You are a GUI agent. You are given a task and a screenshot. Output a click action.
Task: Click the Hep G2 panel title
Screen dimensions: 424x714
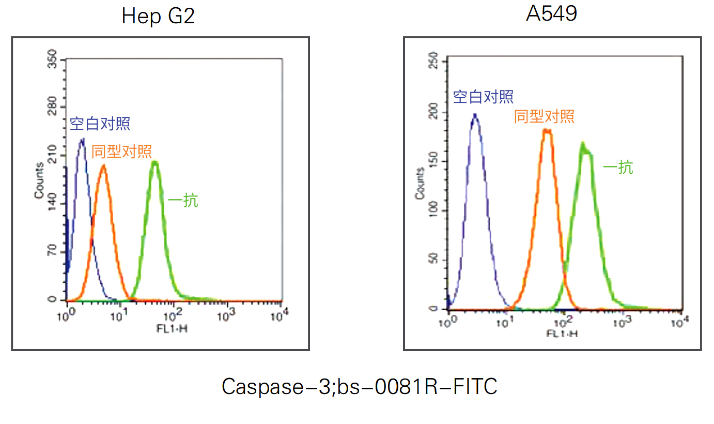158,16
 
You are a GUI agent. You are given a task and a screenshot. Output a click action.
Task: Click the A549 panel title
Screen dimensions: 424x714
552,14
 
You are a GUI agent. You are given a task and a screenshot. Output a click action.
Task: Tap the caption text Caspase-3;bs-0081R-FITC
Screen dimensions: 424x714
360,386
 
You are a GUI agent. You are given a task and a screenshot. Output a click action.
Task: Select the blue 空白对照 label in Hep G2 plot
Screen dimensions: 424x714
100,124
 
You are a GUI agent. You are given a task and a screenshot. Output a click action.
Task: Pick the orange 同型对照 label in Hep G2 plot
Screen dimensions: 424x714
121,152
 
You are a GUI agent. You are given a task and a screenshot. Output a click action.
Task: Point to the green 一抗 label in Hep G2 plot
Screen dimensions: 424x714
183,201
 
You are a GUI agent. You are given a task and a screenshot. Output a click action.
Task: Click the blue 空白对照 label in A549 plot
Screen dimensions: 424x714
483,96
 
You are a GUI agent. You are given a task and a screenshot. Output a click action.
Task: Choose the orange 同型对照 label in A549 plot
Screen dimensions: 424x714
544,116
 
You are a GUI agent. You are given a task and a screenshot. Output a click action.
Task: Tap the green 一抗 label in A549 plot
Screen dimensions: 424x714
618,167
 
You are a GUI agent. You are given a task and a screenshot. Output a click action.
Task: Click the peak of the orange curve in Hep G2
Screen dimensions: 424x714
103,166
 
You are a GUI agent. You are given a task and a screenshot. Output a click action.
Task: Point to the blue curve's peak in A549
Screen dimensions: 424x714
475,115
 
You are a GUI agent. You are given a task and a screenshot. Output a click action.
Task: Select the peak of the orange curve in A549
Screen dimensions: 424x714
547,130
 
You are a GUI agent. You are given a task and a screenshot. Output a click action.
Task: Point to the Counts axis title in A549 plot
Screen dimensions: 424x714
421,185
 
